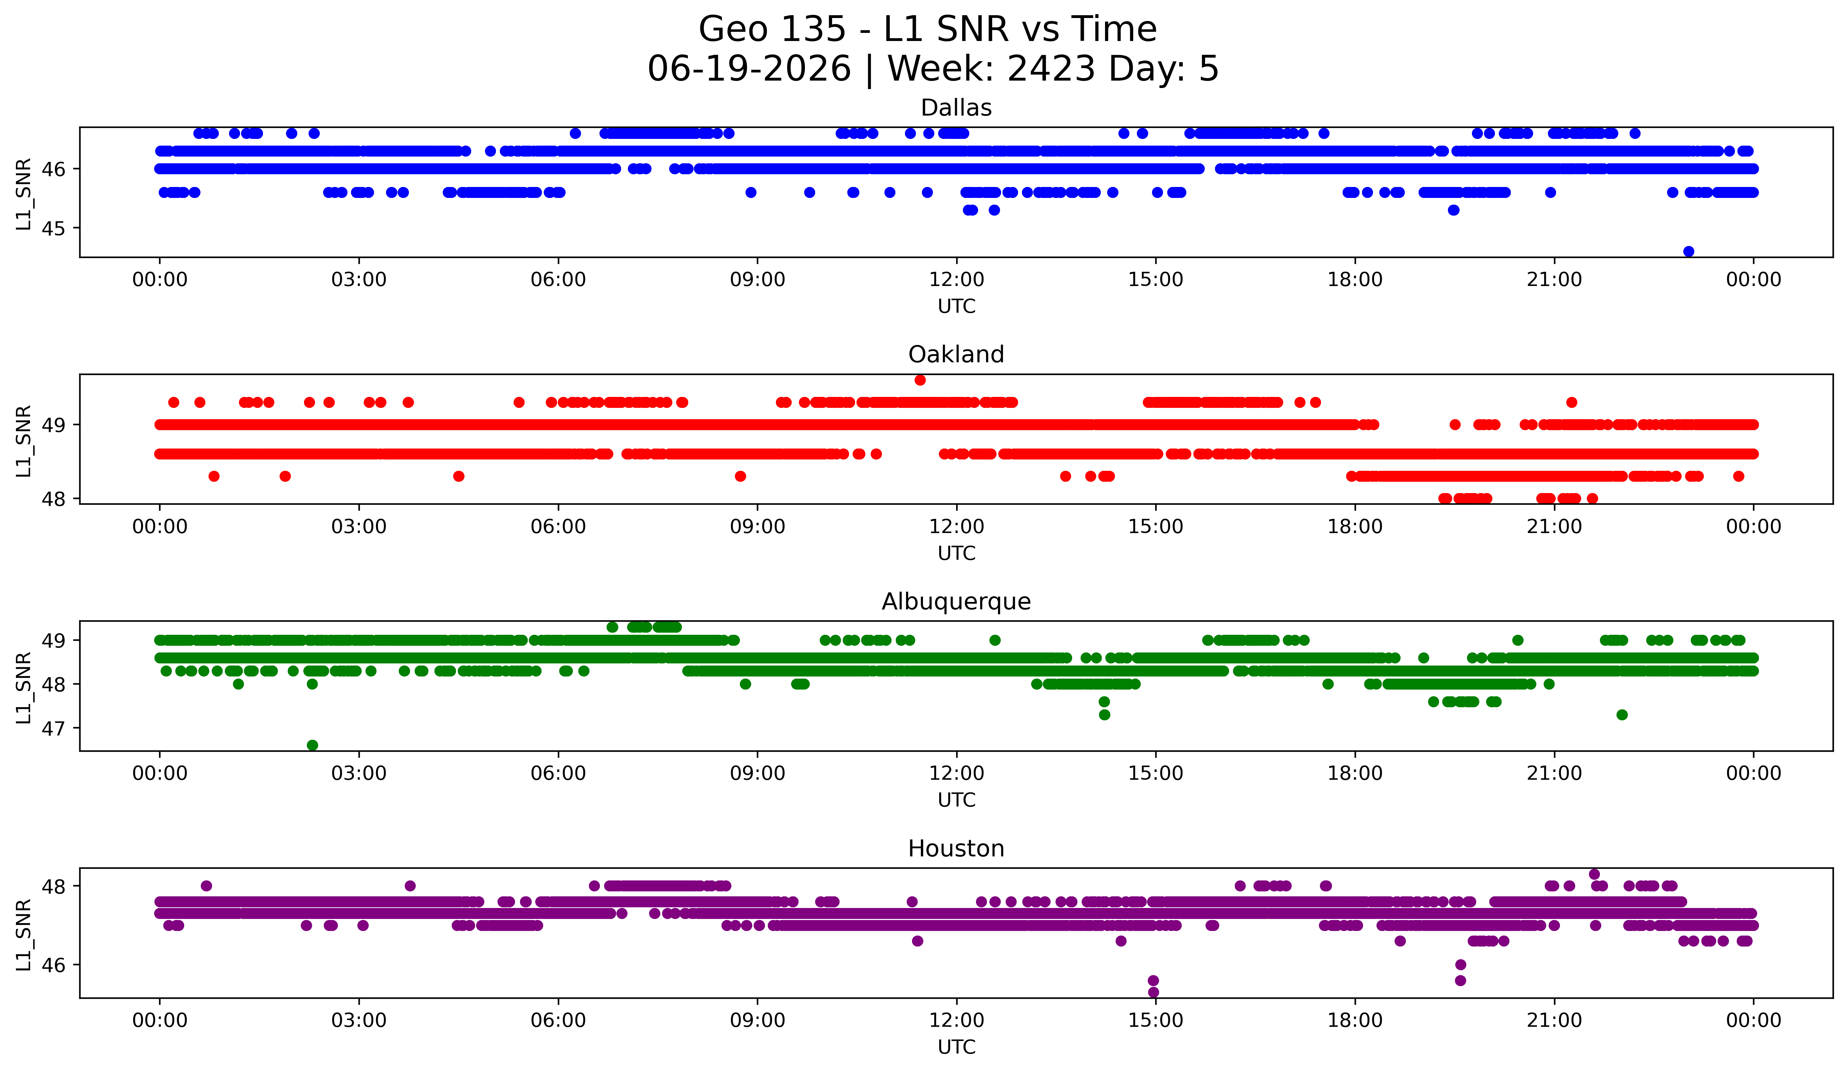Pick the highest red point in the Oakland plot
pos(920,380)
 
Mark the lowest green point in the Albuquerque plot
pos(312,745)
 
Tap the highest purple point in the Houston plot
pos(1594,874)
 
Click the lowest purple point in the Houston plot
pos(1153,992)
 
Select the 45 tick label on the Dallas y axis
pos(53,229)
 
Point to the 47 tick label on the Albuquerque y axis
pos(53,728)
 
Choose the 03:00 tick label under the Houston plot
pos(359,1020)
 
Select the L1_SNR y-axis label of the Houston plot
pos(23,935)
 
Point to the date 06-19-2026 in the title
pos(749,69)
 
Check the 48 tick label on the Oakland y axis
pos(53,499)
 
